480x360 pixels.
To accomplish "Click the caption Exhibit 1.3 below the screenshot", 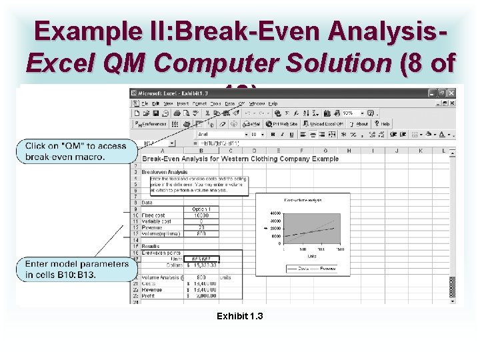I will (239, 315).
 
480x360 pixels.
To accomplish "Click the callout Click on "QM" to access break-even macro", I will (76, 151).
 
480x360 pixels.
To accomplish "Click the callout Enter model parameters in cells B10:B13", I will (76, 269).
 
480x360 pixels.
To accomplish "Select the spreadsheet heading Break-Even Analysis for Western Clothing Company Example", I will (240, 159).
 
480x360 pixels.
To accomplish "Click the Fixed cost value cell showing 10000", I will (201, 215).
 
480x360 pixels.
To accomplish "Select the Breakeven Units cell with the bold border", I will (201, 259).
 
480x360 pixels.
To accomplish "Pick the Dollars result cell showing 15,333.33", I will (203, 265).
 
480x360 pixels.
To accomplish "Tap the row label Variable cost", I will (157, 221).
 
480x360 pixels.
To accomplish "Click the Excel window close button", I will (451, 93).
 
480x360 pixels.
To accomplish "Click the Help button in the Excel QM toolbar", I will (382, 123).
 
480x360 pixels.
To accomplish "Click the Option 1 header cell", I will (200, 209).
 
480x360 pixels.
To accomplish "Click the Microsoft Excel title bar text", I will (173, 93).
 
